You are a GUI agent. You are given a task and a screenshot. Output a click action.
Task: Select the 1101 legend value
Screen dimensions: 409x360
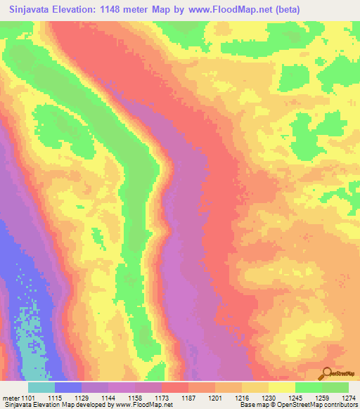coord(34,398)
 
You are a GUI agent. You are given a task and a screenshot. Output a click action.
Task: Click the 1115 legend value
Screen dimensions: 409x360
coord(67,398)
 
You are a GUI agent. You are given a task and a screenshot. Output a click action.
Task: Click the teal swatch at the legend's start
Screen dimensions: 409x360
coord(41,387)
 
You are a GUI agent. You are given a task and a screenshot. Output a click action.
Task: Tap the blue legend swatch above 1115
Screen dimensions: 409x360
coord(68,387)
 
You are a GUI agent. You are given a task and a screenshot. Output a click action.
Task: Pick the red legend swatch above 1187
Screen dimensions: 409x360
coord(174,387)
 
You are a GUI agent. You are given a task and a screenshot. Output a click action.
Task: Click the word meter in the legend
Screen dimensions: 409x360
coord(12,398)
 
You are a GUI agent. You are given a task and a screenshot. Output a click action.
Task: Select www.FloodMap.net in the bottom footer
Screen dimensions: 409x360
coord(143,405)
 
